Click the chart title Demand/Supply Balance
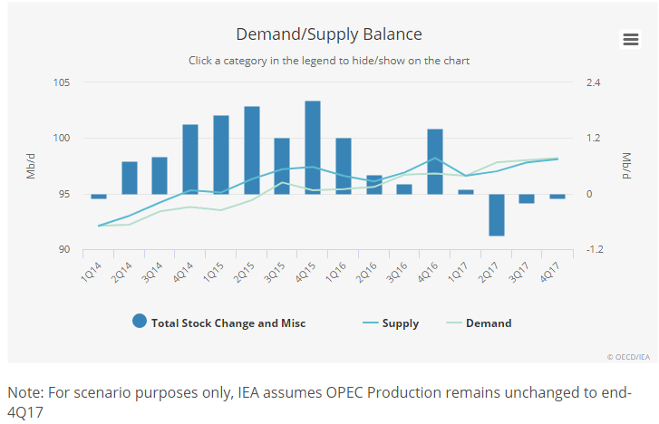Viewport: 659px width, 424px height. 329,34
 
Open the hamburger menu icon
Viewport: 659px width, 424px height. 630,40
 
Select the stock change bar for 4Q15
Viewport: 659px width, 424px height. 313,148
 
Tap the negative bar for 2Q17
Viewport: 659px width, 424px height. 497,215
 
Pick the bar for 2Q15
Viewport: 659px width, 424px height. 252,150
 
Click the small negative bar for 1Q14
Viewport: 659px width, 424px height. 99,197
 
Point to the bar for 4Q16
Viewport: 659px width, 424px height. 435,161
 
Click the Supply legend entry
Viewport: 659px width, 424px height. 391,323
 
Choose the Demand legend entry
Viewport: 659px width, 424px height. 480,323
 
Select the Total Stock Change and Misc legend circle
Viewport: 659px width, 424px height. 140,321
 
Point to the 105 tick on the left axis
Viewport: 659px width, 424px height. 62,82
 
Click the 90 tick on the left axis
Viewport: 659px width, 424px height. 64,249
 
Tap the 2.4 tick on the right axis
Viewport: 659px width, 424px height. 594,82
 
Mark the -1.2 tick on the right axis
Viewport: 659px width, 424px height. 595,249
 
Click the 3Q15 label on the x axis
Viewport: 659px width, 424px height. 275,272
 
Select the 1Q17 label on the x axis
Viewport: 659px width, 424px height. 458,272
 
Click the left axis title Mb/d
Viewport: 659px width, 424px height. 31,166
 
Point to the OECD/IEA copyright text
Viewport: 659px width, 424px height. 628,357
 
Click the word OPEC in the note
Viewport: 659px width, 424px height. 345,392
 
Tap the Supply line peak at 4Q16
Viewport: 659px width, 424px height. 435,158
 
